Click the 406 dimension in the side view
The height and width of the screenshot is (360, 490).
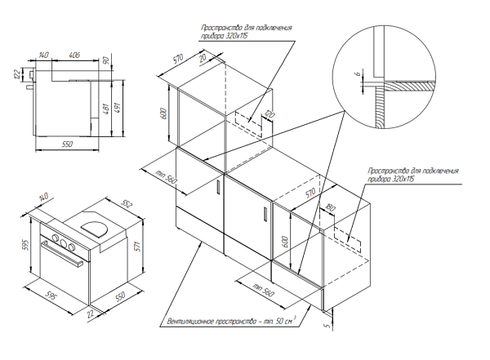coord(73,56)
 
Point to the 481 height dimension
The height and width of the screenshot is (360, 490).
coord(105,109)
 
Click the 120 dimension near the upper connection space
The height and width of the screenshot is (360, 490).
coord(265,116)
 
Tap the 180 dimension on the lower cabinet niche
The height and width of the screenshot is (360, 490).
coord(329,207)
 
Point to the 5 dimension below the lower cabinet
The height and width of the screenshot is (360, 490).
coord(327,326)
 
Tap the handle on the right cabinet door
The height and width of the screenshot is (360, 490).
coord(265,215)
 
